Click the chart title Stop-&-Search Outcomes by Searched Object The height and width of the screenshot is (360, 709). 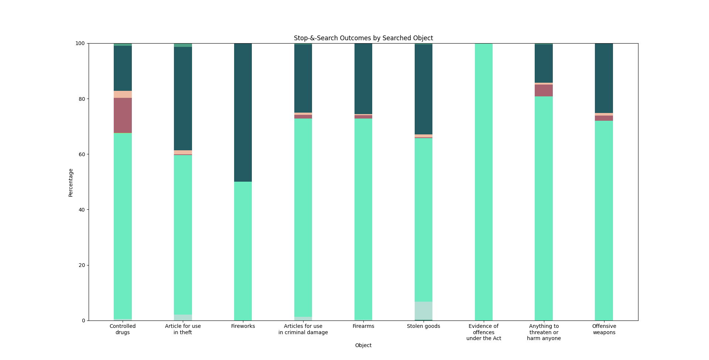tap(363, 38)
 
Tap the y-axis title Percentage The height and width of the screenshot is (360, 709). tap(71, 182)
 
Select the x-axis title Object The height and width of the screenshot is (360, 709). tap(363, 345)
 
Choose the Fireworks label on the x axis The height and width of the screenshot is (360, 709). tap(243, 326)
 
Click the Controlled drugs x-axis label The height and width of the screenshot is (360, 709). tap(123, 329)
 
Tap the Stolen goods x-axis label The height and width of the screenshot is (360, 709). tap(424, 326)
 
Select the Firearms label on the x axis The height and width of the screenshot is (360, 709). tap(363, 326)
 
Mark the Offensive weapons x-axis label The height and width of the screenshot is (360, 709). tap(604, 329)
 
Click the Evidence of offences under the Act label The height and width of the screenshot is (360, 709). tap(484, 332)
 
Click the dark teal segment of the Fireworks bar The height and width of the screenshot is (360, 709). tap(243, 113)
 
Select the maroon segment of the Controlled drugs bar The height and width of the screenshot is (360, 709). tap(123, 115)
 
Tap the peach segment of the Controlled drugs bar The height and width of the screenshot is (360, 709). tap(123, 94)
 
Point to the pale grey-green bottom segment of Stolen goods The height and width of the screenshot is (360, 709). tap(424, 311)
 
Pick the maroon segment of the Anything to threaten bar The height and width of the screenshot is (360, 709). tap(544, 90)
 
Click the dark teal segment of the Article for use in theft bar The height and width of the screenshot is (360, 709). tap(183, 99)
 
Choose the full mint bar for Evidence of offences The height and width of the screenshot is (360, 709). tap(484, 182)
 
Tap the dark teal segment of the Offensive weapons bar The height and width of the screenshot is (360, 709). tap(604, 78)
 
